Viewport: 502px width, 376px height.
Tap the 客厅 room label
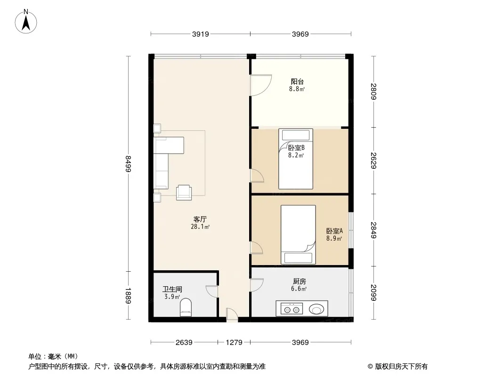[x=201, y=219]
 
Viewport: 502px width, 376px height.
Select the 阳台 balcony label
[x=297, y=81]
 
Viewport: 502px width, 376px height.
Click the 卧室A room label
[x=334, y=231]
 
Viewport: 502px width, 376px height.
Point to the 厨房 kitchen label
[x=299, y=282]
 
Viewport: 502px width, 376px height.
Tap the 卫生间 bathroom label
[x=172, y=290]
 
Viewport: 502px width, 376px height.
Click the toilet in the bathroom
[x=186, y=307]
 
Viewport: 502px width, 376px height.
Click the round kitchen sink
[x=317, y=309]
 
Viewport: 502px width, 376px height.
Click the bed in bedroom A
[x=298, y=234]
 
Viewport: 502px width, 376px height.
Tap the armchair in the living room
[x=184, y=192]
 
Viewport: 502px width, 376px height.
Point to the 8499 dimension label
[x=128, y=164]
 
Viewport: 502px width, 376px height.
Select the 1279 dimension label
[x=234, y=343]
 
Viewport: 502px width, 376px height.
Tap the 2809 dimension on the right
[x=374, y=91]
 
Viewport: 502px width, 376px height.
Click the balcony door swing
[x=260, y=85]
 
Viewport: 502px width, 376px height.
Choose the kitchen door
[x=257, y=284]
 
